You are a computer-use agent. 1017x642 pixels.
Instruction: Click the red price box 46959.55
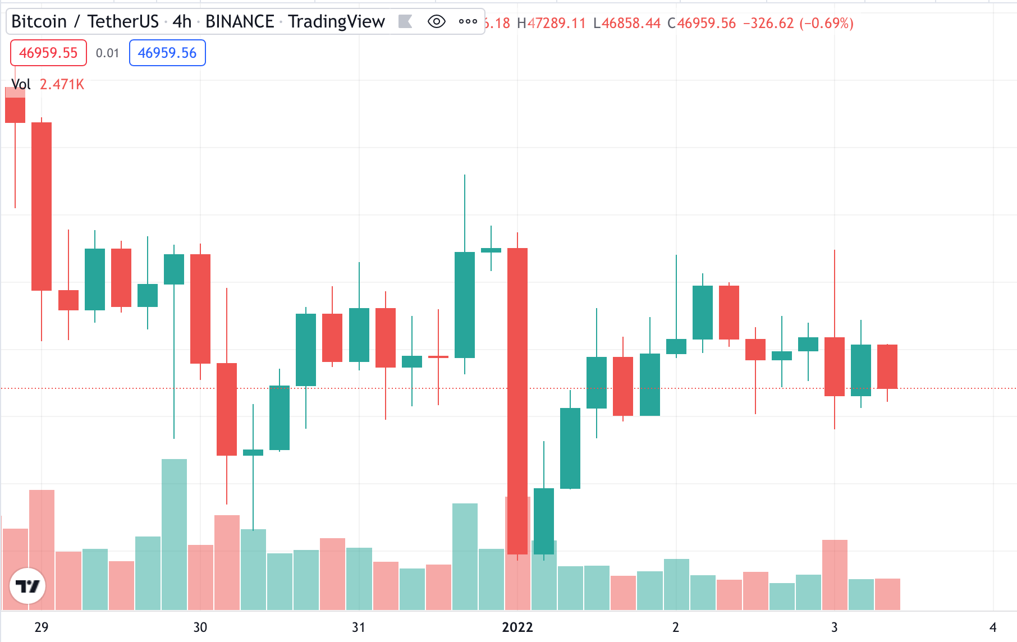tap(48, 53)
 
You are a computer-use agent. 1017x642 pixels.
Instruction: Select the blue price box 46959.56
tap(167, 53)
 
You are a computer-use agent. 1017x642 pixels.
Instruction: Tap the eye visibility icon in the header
tap(436, 22)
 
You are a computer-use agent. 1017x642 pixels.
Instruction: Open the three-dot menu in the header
tap(468, 22)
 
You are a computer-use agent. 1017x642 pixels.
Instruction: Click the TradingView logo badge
tap(28, 586)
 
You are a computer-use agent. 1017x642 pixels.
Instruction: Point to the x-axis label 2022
tap(517, 627)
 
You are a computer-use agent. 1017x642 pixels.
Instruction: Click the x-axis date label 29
tap(42, 627)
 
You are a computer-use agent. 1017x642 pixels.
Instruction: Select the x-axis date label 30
tap(200, 627)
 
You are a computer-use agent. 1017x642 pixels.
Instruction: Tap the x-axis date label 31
tap(359, 627)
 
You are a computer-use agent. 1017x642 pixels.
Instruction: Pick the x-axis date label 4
tap(993, 627)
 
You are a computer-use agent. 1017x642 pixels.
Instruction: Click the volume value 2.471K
tap(62, 84)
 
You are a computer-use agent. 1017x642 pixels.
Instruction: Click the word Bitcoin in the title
tap(39, 21)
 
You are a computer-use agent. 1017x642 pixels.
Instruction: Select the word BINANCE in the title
tap(240, 21)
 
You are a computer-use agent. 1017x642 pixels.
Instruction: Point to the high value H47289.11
tap(551, 23)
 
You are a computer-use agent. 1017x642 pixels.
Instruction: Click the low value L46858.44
tap(627, 23)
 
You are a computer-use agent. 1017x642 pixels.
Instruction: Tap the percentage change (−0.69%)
tap(826, 23)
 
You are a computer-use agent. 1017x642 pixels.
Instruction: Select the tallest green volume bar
tap(174, 533)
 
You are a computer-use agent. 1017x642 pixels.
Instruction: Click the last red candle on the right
tap(887, 366)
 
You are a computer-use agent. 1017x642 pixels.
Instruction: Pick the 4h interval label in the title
tap(182, 21)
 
